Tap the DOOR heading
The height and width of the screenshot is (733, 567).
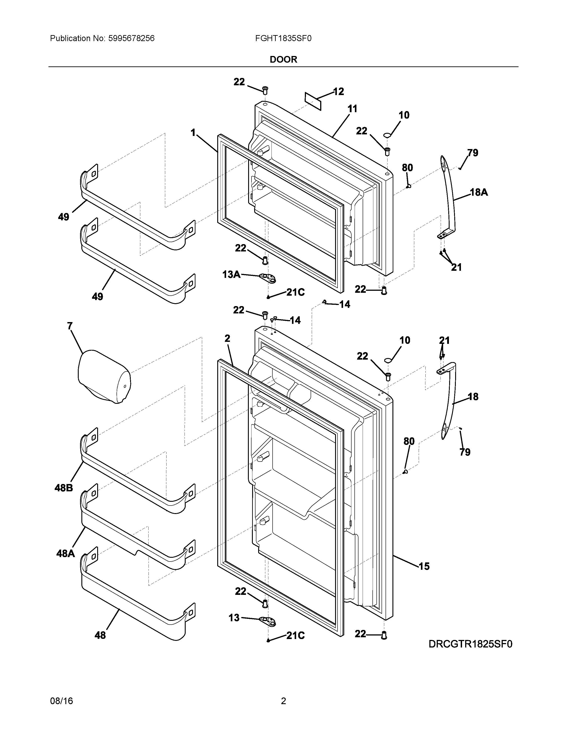(283, 60)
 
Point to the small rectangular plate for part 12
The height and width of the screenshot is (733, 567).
(313, 101)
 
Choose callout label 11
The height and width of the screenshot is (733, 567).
(352, 109)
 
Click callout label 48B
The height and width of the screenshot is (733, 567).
(64, 488)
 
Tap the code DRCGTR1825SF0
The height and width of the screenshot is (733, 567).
(470, 644)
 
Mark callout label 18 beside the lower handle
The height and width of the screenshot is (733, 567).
(473, 397)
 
